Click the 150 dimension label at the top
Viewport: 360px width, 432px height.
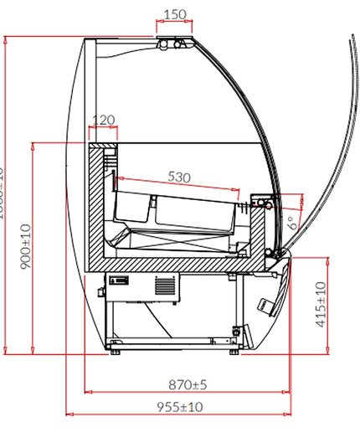point(173,14)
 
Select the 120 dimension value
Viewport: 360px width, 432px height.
point(103,120)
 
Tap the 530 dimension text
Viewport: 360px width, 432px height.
point(179,177)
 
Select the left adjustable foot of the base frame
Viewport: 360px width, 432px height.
point(114,351)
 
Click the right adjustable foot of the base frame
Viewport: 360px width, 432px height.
point(232,351)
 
